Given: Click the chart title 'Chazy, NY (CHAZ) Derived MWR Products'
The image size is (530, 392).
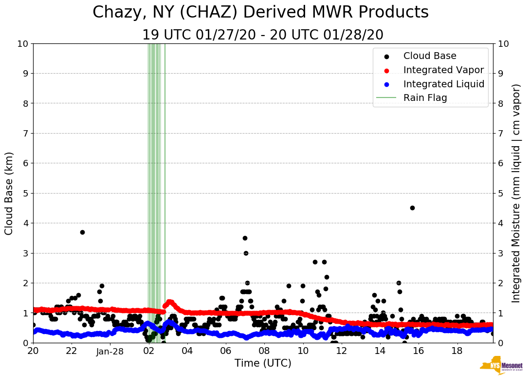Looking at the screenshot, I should (261, 12).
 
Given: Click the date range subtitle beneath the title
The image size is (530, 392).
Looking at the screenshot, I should (263, 35).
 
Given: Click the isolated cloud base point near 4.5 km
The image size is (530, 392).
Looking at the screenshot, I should (412, 208).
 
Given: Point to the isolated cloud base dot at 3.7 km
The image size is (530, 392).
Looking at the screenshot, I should (82, 232).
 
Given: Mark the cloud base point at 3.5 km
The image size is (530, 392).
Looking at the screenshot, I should (245, 238).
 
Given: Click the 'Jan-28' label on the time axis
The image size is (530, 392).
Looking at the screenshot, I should (110, 351).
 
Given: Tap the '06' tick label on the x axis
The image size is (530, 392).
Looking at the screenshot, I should (225, 351).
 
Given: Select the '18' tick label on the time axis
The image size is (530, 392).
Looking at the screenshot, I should (457, 351).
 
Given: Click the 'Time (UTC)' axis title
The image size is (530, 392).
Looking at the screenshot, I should (263, 363).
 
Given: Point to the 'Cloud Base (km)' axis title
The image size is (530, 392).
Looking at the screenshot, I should (9, 193).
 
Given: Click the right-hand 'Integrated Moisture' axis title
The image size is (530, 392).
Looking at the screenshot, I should (516, 193).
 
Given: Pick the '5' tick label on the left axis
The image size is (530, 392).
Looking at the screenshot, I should (25, 193).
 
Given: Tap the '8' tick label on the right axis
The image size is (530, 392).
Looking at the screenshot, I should (500, 103).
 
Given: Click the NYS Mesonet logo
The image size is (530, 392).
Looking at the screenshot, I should (501, 366).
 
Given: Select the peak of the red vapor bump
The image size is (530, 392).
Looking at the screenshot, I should (169, 301).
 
